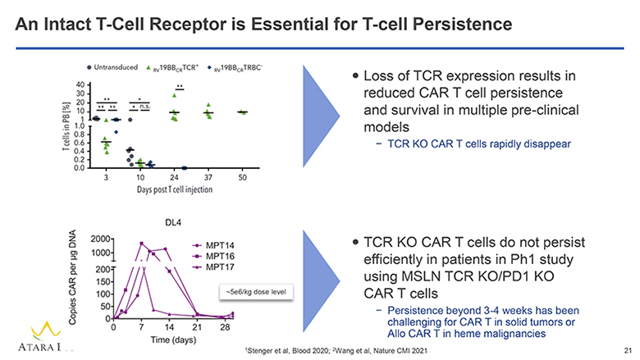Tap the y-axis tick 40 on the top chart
(78, 84)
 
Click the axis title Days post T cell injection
(174, 189)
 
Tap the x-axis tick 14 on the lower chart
(168, 327)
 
